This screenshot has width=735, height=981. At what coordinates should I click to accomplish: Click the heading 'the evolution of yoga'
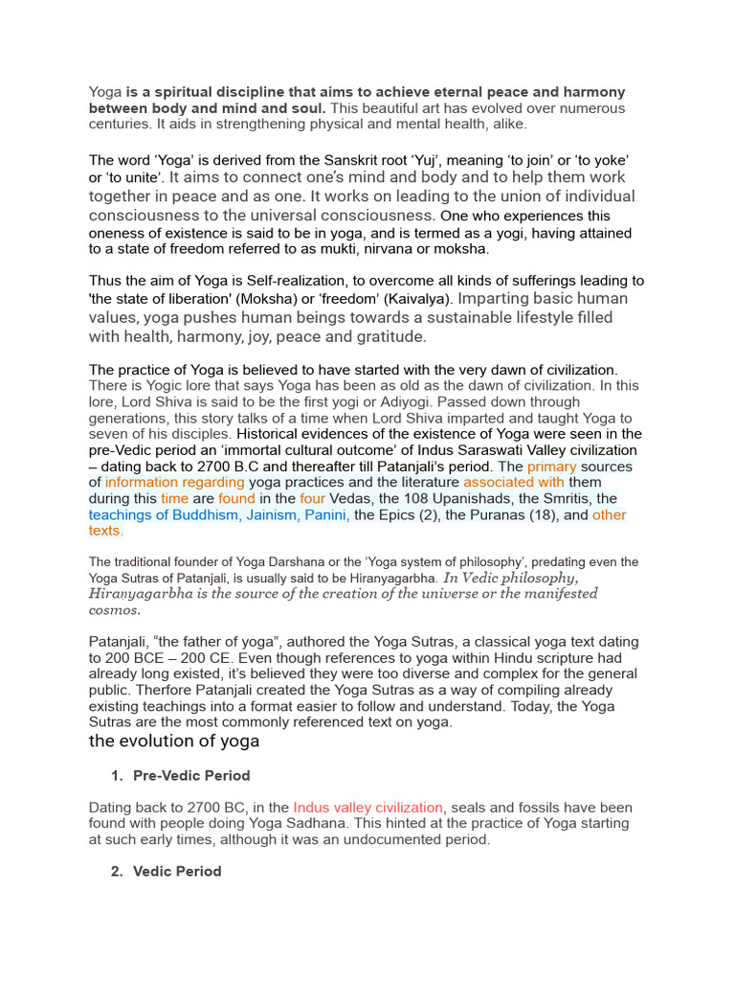[173, 741]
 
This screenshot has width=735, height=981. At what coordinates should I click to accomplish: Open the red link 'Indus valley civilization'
[368, 808]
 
